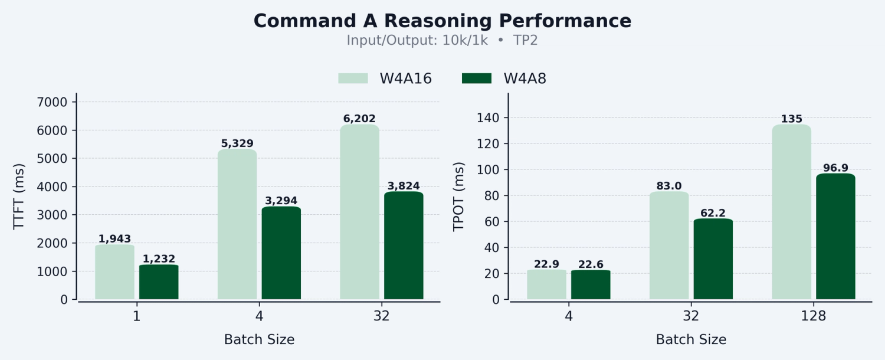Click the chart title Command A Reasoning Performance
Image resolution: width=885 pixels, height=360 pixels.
tap(442, 21)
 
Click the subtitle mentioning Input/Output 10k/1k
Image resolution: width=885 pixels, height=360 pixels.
tap(442, 41)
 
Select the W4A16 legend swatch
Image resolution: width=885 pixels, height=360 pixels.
tap(353, 78)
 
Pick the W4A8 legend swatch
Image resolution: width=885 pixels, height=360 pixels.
tap(476, 78)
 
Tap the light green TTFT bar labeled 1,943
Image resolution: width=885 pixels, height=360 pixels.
tap(114, 272)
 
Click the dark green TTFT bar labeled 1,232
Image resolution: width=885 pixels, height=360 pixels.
tap(159, 282)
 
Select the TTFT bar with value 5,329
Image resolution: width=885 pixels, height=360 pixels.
tap(237, 224)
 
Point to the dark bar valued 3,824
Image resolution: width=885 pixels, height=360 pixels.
tap(404, 246)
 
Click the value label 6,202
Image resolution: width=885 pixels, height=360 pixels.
tap(359, 119)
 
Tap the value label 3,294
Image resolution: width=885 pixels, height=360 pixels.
tap(281, 201)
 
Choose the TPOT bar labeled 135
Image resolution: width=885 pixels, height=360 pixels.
tap(791, 212)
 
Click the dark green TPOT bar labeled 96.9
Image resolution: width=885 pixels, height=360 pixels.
tap(835, 237)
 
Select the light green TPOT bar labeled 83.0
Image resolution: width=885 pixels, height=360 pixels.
tap(669, 246)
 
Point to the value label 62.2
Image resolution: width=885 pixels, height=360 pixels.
tap(713, 213)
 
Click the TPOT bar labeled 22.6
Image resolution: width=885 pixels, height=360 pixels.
tap(591, 285)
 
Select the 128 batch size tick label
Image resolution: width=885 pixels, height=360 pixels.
tap(814, 316)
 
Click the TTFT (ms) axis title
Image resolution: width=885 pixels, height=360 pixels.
tap(19, 197)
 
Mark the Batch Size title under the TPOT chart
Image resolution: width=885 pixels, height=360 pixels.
tap(691, 340)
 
